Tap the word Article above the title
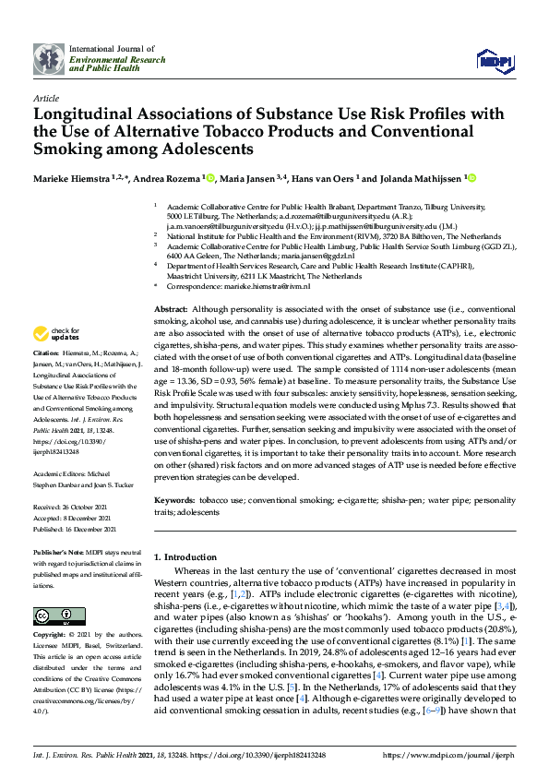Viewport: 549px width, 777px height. tap(45, 97)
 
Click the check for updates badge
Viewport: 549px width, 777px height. tap(56, 333)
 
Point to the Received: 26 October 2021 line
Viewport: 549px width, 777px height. tap(75, 507)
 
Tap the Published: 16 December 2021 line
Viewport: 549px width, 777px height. tap(78, 529)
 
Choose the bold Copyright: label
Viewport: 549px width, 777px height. tap(51, 636)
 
